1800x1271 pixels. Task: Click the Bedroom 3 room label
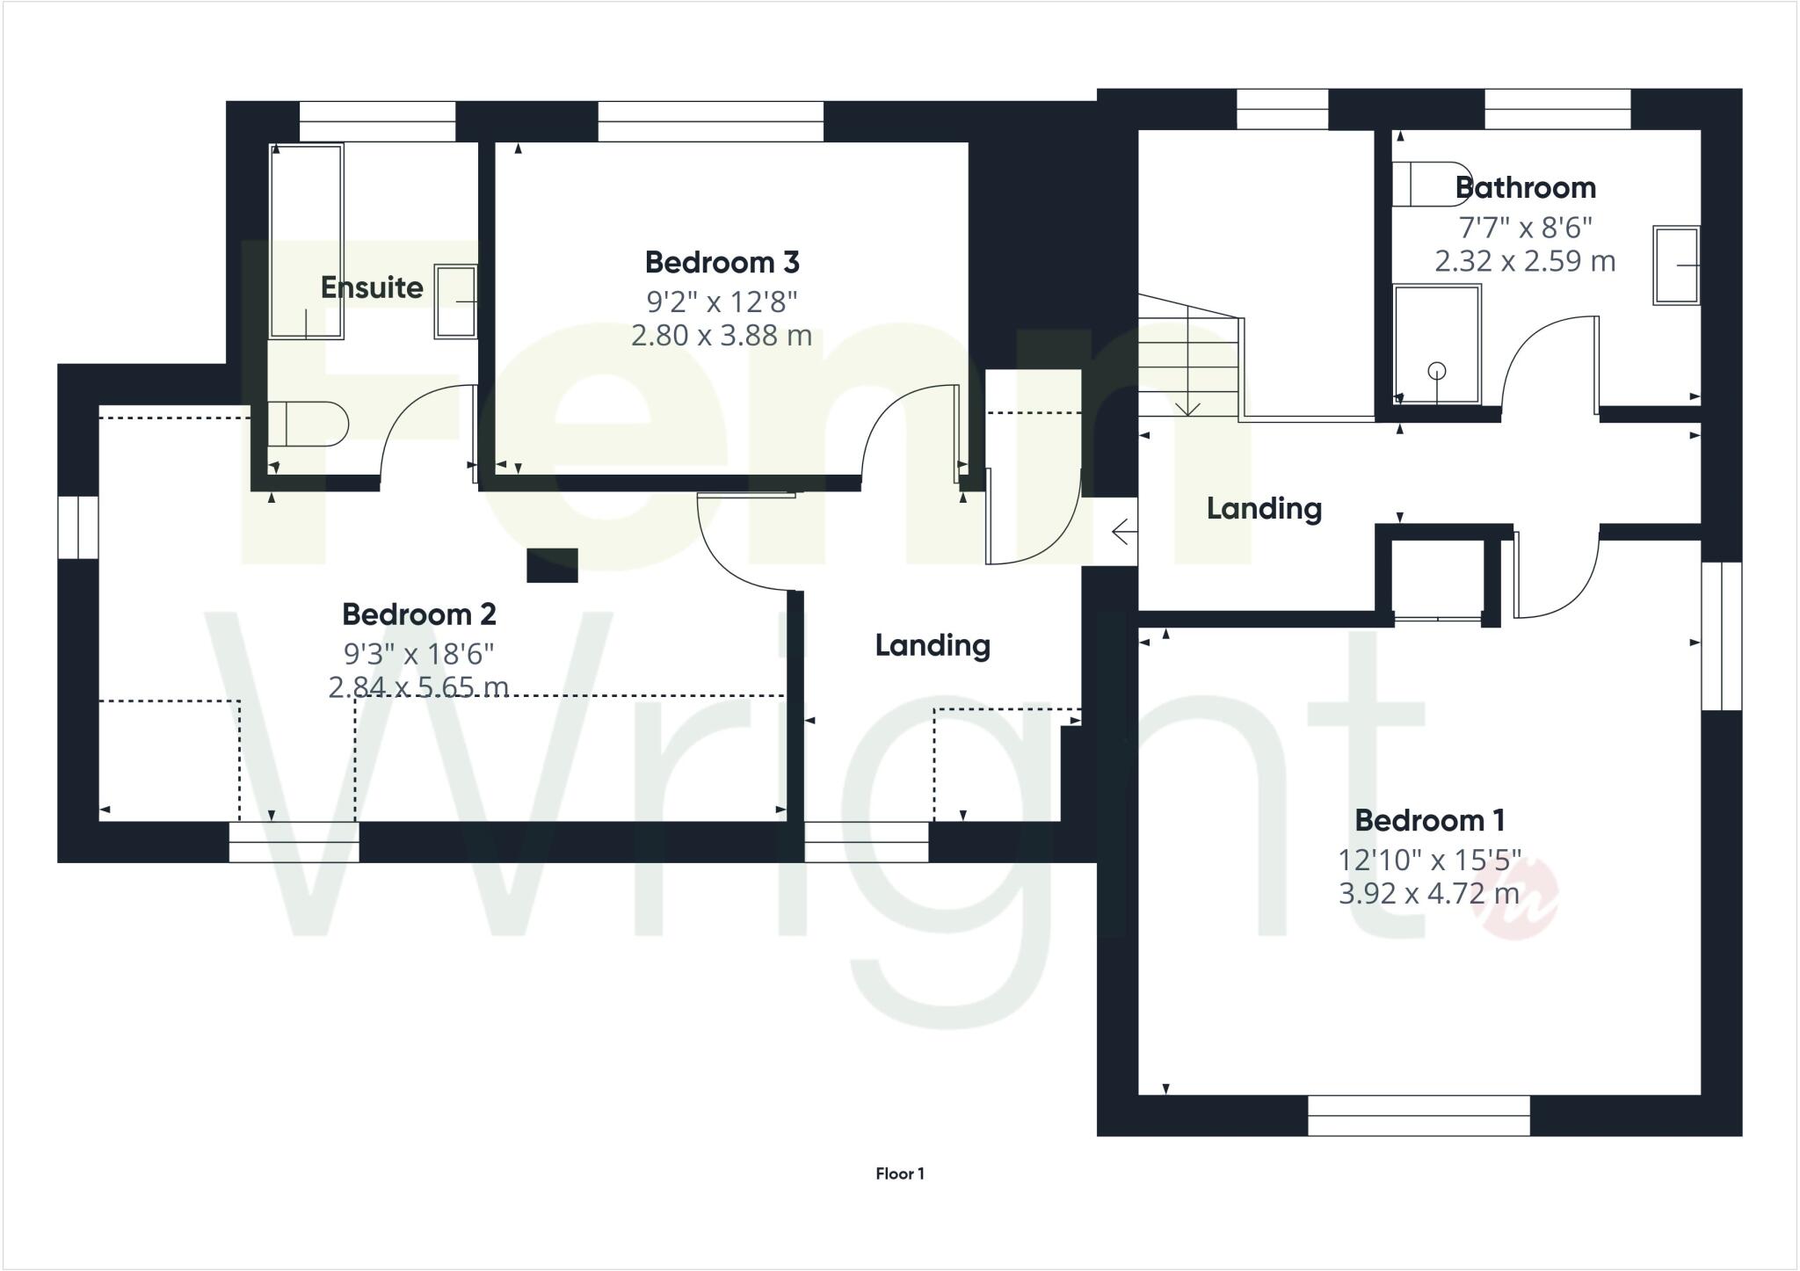pyautogui.click(x=722, y=262)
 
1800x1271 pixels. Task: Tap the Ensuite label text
pyautogui.click(x=371, y=287)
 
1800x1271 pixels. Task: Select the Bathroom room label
pyautogui.click(x=1525, y=187)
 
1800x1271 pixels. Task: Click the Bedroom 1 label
pyautogui.click(x=1429, y=820)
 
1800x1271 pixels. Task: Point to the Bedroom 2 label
pyautogui.click(x=418, y=614)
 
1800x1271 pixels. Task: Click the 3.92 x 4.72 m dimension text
pyautogui.click(x=1428, y=894)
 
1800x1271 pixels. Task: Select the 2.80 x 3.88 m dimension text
pyautogui.click(x=721, y=336)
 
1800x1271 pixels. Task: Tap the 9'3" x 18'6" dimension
pyautogui.click(x=418, y=653)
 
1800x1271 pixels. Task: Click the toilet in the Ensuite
pyautogui.click(x=308, y=425)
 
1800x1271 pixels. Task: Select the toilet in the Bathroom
pyautogui.click(x=1431, y=183)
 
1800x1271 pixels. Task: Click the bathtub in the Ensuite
pyautogui.click(x=306, y=242)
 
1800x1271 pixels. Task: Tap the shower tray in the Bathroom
pyautogui.click(x=1436, y=344)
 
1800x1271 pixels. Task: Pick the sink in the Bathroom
pyautogui.click(x=1675, y=265)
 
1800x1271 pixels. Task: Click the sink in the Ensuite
pyautogui.click(x=455, y=301)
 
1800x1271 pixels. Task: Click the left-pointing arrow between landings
pyautogui.click(x=1121, y=532)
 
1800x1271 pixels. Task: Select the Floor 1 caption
pyautogui.click(x=899, y=1173)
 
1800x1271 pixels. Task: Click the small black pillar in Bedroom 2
pyautogui.click(x=552, y=565)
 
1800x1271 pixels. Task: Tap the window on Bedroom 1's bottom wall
pyautogui.click(x=1419, y=1115)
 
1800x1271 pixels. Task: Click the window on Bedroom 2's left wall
pyautogui.click(x=78, y=527)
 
